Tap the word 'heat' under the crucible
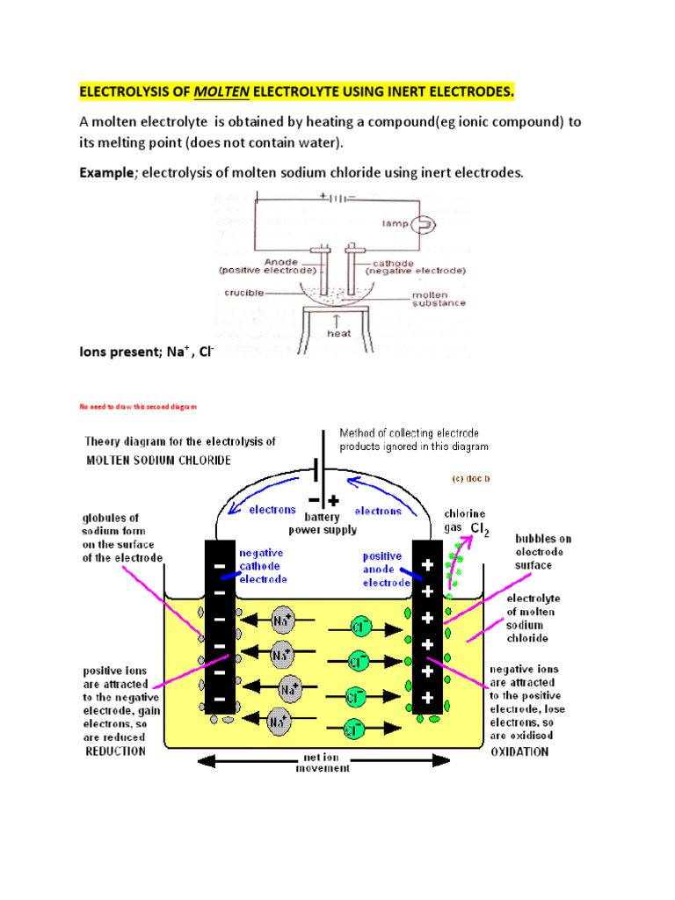coord(338,333)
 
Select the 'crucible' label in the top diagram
coord(243,292)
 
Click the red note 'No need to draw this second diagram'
coord(139,407)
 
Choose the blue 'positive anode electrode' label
coord(384,569)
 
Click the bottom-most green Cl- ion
coord(354,728)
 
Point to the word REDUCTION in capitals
coord(115,752)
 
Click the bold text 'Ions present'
coord(120,352)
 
